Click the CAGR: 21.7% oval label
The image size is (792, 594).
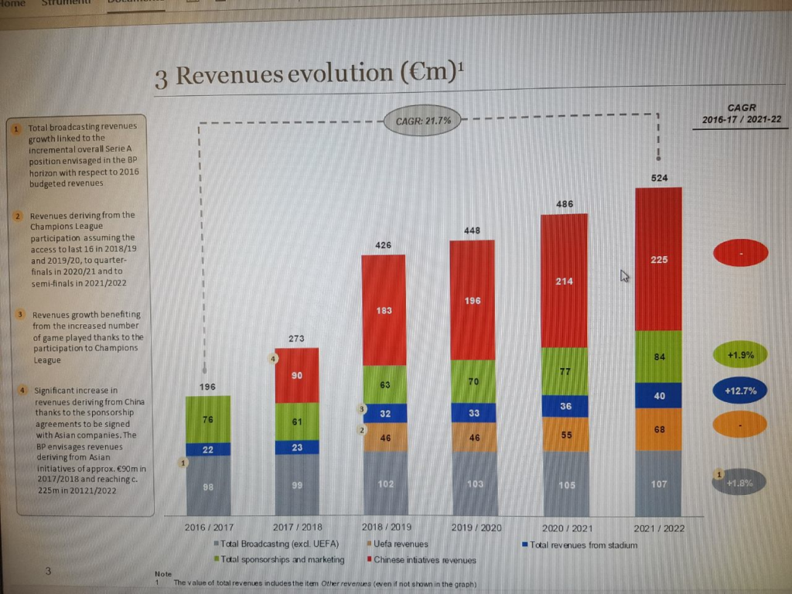[422, 121]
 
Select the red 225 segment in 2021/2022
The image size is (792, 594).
[658, 259]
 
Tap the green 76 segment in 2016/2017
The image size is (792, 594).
[209, 419]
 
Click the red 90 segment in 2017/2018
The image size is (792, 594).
[296, 375]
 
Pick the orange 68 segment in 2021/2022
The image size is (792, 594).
[658, 429]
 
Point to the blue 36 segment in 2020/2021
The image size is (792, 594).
[564, 406]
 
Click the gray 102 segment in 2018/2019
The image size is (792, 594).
[384, 483]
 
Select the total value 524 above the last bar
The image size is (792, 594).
[658, 178]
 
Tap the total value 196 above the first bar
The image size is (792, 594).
[207, 386]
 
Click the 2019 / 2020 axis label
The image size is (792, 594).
[475, 527]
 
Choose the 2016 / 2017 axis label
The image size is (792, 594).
[209, 527]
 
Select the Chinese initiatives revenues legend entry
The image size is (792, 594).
[424, 560]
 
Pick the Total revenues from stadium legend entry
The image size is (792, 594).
[582, 544]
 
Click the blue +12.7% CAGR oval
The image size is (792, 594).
[740, 391]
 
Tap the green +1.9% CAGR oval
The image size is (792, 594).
[740, 355]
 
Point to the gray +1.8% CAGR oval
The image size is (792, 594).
[740, 483]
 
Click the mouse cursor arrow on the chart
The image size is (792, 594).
[623, 275]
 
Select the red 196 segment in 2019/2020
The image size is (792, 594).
[473, 300]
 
